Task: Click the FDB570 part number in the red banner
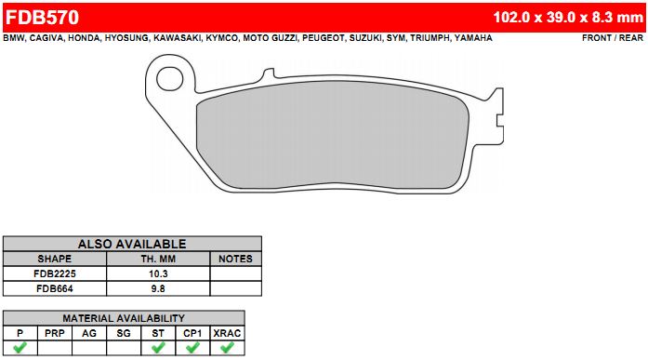42,18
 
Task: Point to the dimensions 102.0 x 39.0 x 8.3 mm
568,18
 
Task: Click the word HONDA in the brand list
84,38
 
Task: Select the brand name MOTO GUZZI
270,38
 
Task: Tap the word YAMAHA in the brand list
473,38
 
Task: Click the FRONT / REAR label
613,38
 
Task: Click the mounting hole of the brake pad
170,79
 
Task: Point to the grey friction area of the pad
333,135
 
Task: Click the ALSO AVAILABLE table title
132,244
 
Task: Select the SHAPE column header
55,259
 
